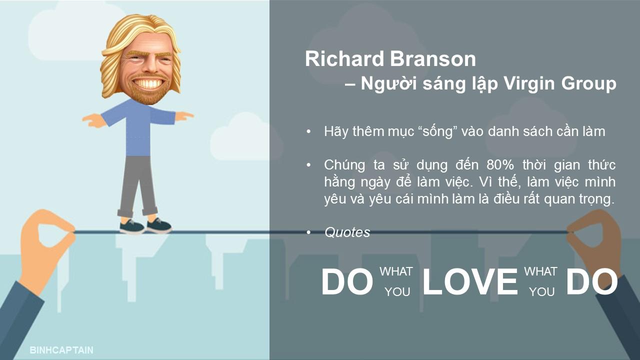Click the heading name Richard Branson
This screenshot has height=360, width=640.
tap(390, 59)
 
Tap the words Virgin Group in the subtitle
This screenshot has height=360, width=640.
tap(559, 83)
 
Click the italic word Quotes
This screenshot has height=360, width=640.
tap(347, 232)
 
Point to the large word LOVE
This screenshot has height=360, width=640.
tap(470, 281)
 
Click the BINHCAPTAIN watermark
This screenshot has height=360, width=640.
tap(61, 350)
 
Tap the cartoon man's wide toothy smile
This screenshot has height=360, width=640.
tap(147, 83)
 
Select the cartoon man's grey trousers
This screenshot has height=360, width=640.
tap(138, 185)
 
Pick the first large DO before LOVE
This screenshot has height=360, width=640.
tap(347, 281)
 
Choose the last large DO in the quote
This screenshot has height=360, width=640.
tap(592, 281)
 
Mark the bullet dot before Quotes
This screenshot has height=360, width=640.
tap(308, 232)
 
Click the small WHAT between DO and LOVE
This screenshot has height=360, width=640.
tap(396, 271)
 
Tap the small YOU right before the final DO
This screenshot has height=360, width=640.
tap(541, 291)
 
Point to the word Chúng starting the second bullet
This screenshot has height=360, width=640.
tap(344, 165)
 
